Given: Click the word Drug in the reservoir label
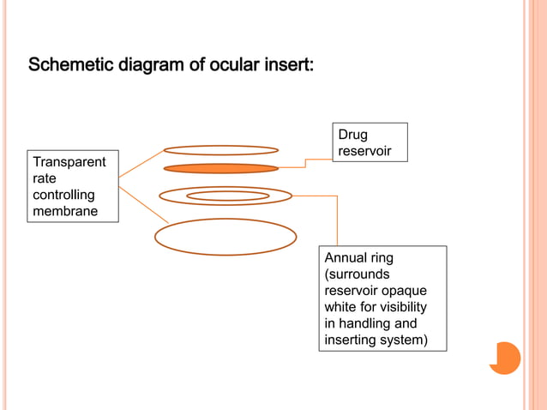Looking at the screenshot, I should [352, 135].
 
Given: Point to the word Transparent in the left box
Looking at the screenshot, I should [69, 162].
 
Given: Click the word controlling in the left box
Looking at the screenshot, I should [63, 195].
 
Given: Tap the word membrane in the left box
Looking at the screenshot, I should [65, 211].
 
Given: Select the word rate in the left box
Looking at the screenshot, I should [44, 178].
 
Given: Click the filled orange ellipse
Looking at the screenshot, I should [220, 168].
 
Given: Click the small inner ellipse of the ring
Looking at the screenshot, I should [228, 196].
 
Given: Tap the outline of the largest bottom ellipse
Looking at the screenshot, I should [225, 254].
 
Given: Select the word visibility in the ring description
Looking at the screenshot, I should [395, 307].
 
